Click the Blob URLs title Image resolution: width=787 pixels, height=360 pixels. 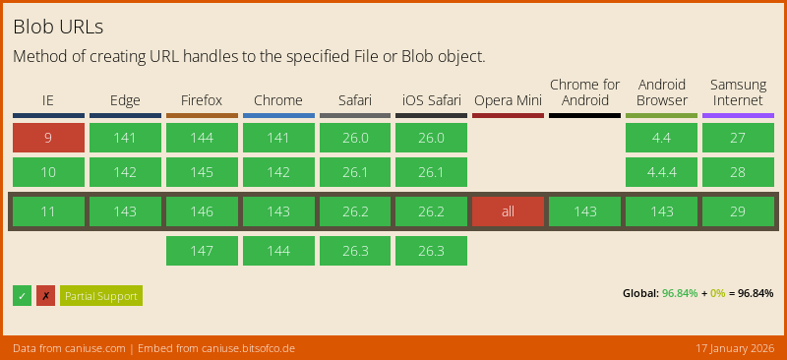point(59,27)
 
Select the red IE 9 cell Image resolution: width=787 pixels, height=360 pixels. point(48,138)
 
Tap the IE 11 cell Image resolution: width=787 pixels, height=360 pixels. point(48,211)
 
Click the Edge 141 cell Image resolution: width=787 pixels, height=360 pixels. point(125,138)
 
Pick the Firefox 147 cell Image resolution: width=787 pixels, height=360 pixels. point(202,251)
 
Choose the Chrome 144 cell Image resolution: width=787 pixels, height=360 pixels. point(278,251)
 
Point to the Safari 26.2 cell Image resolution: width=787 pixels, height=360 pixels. point(354,211)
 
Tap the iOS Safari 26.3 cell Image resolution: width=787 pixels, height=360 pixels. point(431,251)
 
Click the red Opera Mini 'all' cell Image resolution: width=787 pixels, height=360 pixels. point(508,211)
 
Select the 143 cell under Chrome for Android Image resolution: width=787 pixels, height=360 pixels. point(584,211)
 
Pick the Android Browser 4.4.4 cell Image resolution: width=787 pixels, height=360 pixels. point(661,173)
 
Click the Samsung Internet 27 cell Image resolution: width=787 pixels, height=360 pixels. point(738,138)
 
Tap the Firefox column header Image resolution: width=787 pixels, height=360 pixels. point(202,100)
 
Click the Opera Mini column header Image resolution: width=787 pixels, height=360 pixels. point(508,100)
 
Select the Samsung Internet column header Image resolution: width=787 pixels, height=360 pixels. point(738,92)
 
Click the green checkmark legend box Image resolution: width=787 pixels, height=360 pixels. point(22,296)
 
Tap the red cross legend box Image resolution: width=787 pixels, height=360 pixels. point(45,296)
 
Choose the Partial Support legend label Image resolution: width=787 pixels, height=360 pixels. point(101,296)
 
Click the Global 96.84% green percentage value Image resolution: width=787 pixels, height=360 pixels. point(680,293)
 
